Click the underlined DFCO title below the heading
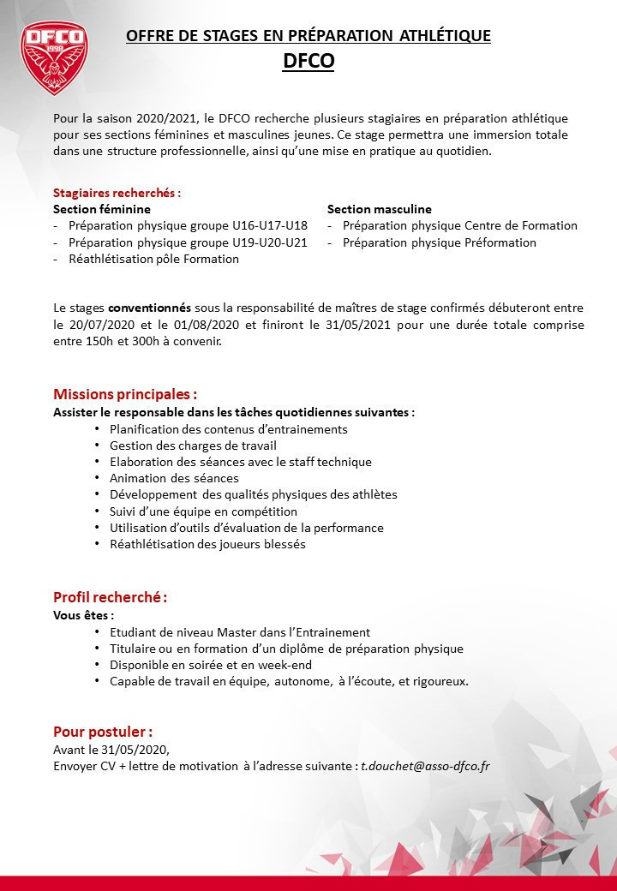coord(308,62)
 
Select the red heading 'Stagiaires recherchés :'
coord(117,193)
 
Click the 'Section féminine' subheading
coord(102,209)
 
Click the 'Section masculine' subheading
coord(380,209)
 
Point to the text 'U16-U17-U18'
coord(270,225)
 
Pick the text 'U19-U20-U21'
coord(270,242)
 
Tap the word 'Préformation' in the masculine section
coord(500,242)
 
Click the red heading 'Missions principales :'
coord(125,394)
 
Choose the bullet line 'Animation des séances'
coord(174,478)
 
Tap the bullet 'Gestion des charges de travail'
coord(193,445)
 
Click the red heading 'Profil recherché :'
coord(110,596)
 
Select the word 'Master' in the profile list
coord(243,632)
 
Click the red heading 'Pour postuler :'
coord(103,732)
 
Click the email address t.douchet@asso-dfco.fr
coord(426,766)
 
